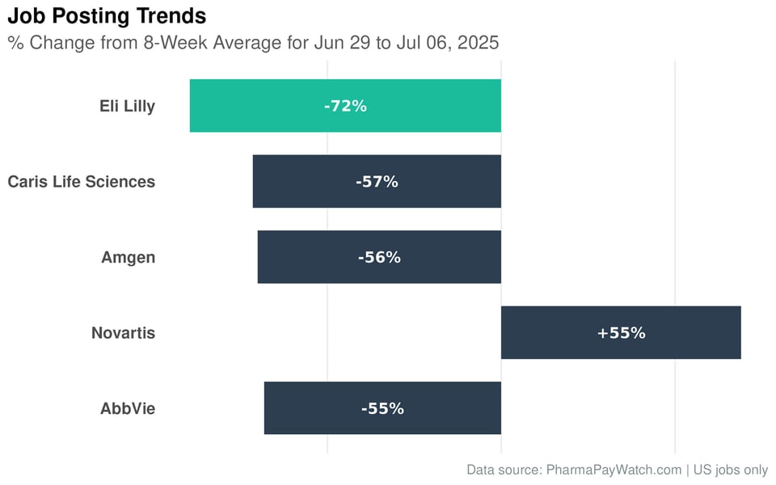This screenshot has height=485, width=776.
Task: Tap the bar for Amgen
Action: [x=307, y=257]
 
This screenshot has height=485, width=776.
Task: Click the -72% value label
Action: [x=345, y=106]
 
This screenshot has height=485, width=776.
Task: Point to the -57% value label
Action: [x=377, y=182]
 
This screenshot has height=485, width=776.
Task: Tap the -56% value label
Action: [x=379, y=257]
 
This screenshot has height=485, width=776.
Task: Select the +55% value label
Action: [x=621, y=333]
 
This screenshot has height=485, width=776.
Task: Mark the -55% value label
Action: [x=382, y=408]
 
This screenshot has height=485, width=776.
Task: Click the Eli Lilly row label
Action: [x=127, y=106]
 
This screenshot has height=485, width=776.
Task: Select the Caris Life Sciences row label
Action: [x=82, y=182]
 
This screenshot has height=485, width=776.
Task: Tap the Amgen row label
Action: [x=128, y=257]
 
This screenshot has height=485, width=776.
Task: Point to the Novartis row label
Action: [x=123, y=333]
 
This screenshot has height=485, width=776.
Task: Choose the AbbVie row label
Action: [x=128, y=408]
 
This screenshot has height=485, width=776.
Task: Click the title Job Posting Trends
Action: [x=107, y=15]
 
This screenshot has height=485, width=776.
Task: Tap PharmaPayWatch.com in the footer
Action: [x=614, y=470]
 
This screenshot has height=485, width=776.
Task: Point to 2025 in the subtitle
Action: [x=478, y=43]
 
